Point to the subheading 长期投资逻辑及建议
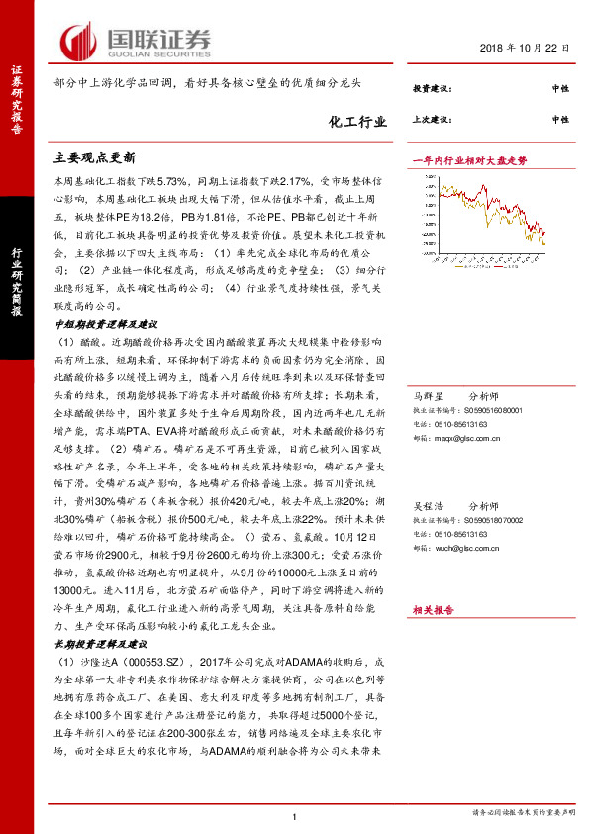click(99, 615)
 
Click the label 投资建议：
click(432, 89)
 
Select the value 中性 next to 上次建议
click(560, 120)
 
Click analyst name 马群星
click(430, 395)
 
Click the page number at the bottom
click(295, 815)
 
